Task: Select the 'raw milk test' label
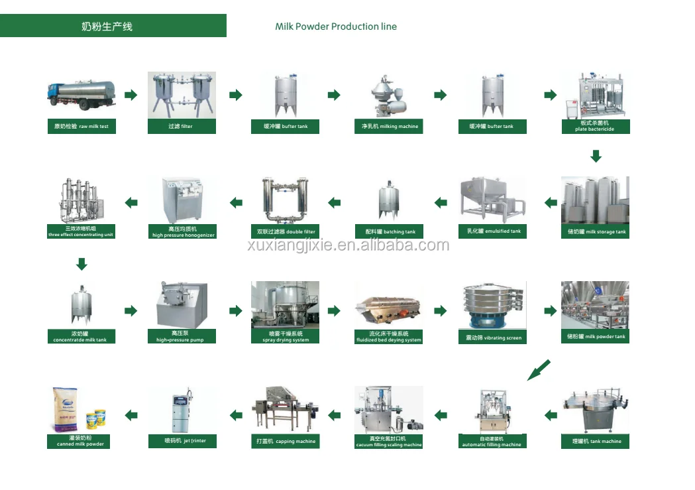pyautogui.click(x=81, y=126)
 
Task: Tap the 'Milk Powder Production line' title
pyautogui.click(x=336, y=27)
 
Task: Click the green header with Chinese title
pyautogui.click(x=113, y=27)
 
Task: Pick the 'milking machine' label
pyautogui.click(x=388, y=126)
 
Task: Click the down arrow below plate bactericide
pyautogui.click(x=596, y=156)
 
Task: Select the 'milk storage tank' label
pyautogui.click(x=595, y=231)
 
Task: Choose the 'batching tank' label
pyautogui.click(x=388, y=231)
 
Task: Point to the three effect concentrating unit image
pyautogui.click(x=81, y=200)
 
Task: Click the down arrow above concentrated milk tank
pyautogui.click(x=81, y=265)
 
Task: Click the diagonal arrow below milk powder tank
pyautogui.click(x=539, y=369)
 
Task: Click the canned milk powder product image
pyautogui.click(x=80, y=410)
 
